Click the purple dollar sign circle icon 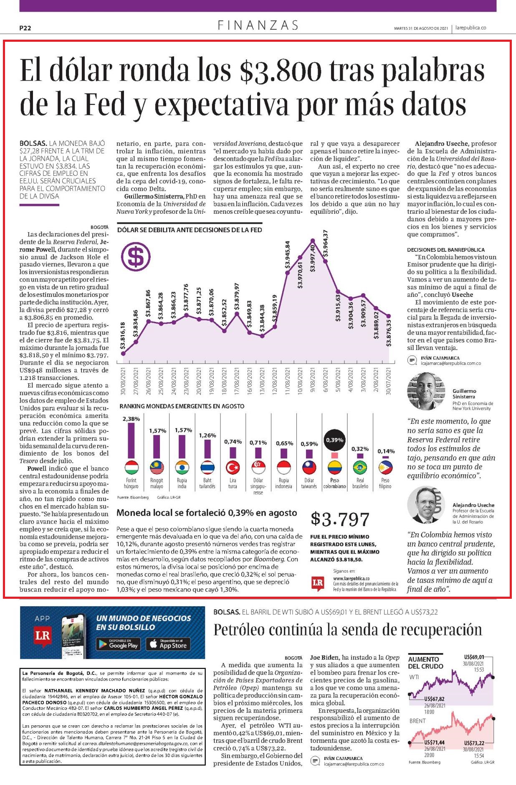click(x=135, y=257)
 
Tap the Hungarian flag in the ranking click(x=131, y=468)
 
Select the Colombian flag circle click(x=334, y=468)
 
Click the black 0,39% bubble click(x=334, y=440)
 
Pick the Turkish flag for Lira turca click(x=233, y=468)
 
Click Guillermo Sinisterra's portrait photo click(x=425, y=391)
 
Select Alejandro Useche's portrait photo click(x=425, y=505)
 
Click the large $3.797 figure click(x=340, y=519)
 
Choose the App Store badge click(x=168, y=644)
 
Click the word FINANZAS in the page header click(x=258, y=25)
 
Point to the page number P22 click(x=25, y=28)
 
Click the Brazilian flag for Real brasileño click(x=360, y=468)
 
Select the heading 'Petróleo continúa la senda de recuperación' click(x=348, y=629)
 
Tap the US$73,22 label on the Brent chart click(x=474, y=743)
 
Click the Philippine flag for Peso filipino click(x=385, y=468)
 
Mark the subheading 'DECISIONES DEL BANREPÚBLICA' click(x=446, y=250)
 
